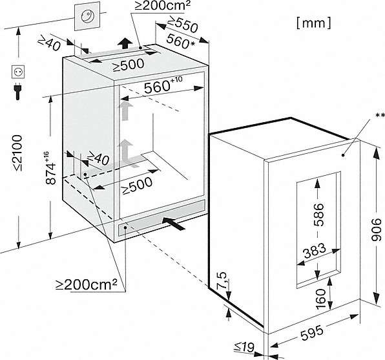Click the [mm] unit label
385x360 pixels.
[314, 23]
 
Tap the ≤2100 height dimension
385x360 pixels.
[17, 153]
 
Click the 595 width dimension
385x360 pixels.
[312, 333]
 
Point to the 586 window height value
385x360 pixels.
[319, 215]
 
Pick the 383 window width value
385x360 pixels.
[315, 251]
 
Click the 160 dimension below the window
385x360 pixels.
[320, 299]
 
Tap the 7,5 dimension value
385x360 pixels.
[222, 281]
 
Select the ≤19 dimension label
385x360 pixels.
[244, 346]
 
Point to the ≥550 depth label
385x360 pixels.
[182, 25]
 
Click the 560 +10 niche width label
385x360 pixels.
[163, 85]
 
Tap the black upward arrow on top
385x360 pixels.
[125, 44]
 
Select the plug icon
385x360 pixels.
[17, 91]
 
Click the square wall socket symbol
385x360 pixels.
[18, 72]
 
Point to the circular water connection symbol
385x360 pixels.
[87, 16]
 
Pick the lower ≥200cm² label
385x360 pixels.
[86, 284]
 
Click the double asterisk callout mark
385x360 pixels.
[380, 116]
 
